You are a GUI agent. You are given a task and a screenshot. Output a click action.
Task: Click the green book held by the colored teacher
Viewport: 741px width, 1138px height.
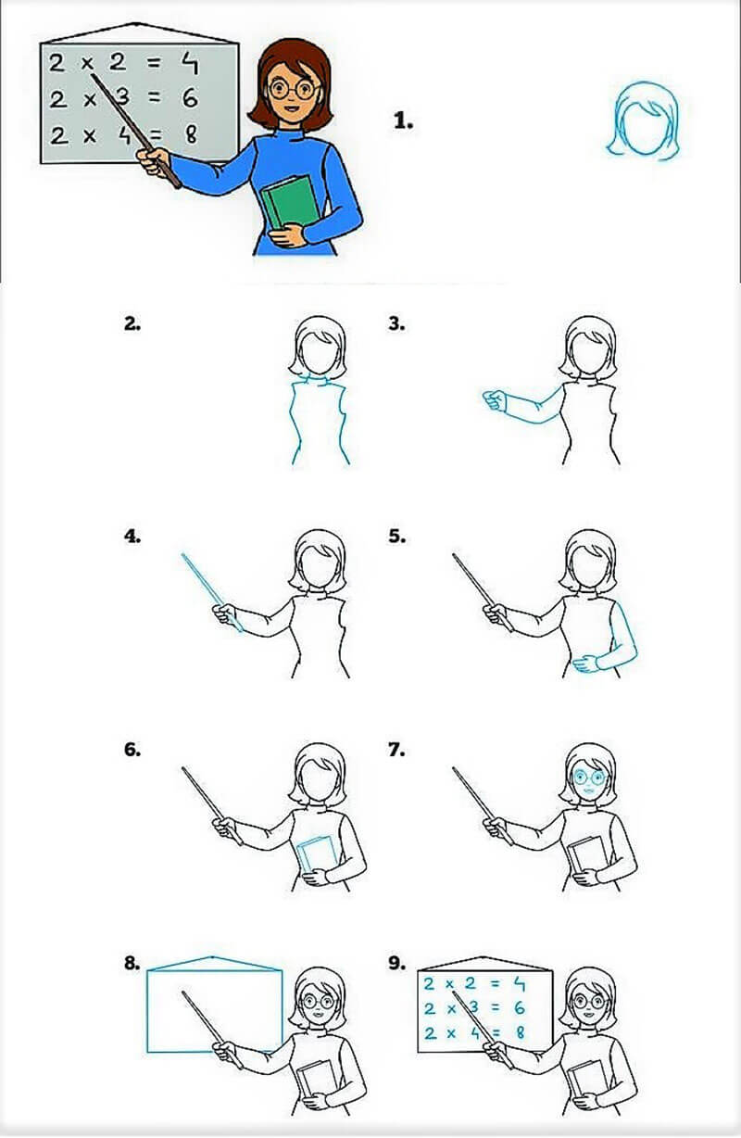pos(287,206)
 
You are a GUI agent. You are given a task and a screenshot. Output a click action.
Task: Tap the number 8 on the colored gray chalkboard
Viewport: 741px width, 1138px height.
pos(192,134)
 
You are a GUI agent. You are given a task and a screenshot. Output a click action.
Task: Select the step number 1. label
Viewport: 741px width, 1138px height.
pos(403,120)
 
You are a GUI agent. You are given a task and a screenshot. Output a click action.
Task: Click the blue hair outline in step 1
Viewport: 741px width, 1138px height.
pos(645,119)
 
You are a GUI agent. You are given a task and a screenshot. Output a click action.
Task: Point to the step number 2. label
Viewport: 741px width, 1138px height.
pos(132,323)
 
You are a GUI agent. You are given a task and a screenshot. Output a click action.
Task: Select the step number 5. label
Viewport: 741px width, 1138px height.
pos(397,536)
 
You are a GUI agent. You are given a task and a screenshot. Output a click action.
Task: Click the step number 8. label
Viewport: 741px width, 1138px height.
pos(132,963)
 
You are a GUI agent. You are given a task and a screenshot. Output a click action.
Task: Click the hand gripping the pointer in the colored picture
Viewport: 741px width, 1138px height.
pos(154,162)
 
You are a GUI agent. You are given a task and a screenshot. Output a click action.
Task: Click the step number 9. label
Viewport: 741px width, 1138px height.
pos(397,963)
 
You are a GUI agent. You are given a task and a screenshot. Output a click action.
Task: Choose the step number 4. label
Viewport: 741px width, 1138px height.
pos(132,536)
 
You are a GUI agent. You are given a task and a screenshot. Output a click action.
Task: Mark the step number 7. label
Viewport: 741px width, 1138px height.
pos(397,750)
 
